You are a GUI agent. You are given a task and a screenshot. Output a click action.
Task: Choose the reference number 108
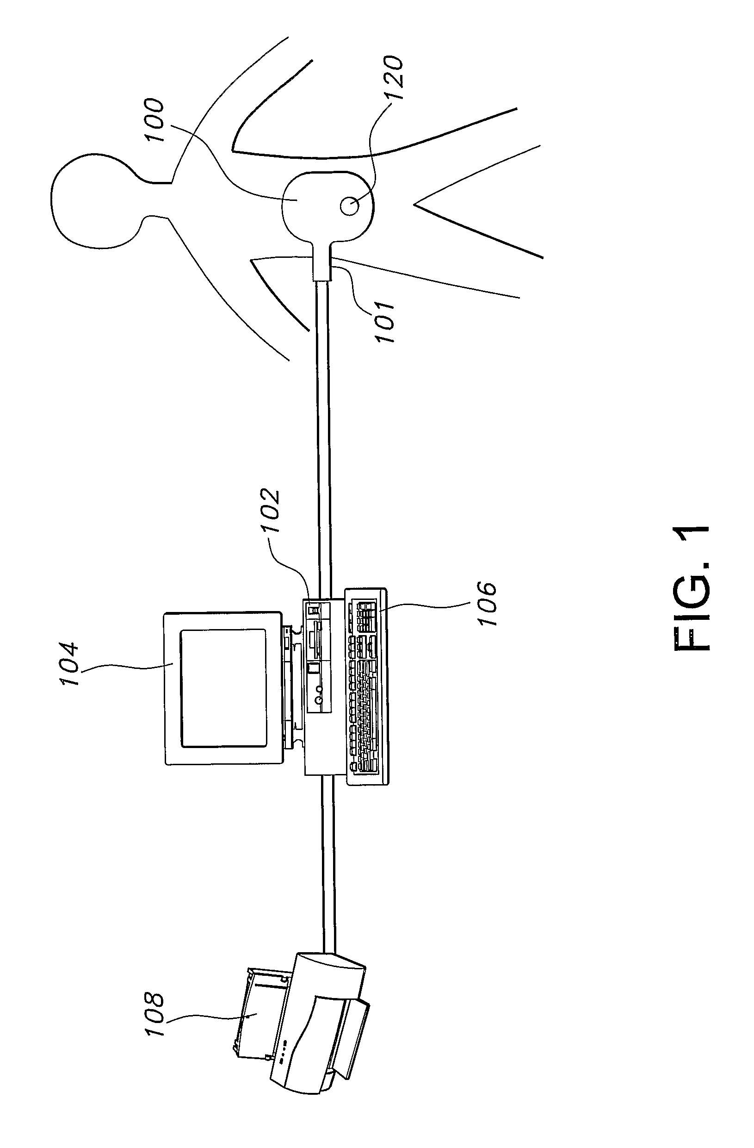point(155,1013)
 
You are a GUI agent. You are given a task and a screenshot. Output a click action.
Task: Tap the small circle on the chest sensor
point(349,206)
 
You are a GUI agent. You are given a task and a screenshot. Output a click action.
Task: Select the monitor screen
point(224,688)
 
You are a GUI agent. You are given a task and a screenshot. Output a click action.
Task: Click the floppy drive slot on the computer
point(315,640)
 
